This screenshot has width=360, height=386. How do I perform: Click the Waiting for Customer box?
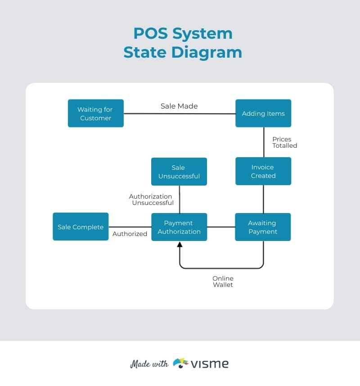point(95,114)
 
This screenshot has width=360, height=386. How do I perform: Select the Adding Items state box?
point(263,114)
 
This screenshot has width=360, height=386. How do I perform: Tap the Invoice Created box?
point(263,171)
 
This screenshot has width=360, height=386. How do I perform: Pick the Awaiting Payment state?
point(263,227)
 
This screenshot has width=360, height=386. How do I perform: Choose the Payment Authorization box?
point(179,227)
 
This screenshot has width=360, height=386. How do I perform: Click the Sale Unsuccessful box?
point(179,172)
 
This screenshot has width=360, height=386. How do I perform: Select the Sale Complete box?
point(81,227)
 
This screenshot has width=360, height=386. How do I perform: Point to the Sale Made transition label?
point(179,106)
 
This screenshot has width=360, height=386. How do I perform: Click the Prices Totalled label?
point(284,142)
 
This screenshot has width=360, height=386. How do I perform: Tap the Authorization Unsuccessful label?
point(151,200)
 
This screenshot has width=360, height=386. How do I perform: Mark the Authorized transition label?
point(130,234)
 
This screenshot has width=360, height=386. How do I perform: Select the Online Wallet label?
point(223,282)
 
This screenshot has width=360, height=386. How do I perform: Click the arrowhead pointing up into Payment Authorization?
point(180,245)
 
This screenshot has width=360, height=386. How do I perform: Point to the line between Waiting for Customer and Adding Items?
point(180,114)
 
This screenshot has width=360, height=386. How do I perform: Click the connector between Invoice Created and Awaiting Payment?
point(263,199)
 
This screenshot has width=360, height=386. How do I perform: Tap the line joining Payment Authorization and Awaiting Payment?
point(221,227)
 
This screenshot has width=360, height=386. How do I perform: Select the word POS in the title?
point(149,33)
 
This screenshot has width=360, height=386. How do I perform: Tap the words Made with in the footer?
point(149,364)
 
